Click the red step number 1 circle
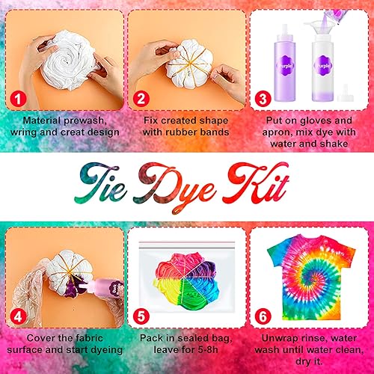click(x=18, y=99)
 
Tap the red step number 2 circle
click(x=141, y=99)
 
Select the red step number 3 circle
click(x=263, y=99)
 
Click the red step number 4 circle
click(x=18, y=317)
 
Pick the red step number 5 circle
click(x=141, y=316)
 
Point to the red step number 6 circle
click(x=263, y=316)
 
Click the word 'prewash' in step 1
click(x=85, y=121)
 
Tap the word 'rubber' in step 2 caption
click(x=182, y=132)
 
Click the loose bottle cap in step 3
click(x=346, y=93)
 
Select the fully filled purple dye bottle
click(x=285, y=63)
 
